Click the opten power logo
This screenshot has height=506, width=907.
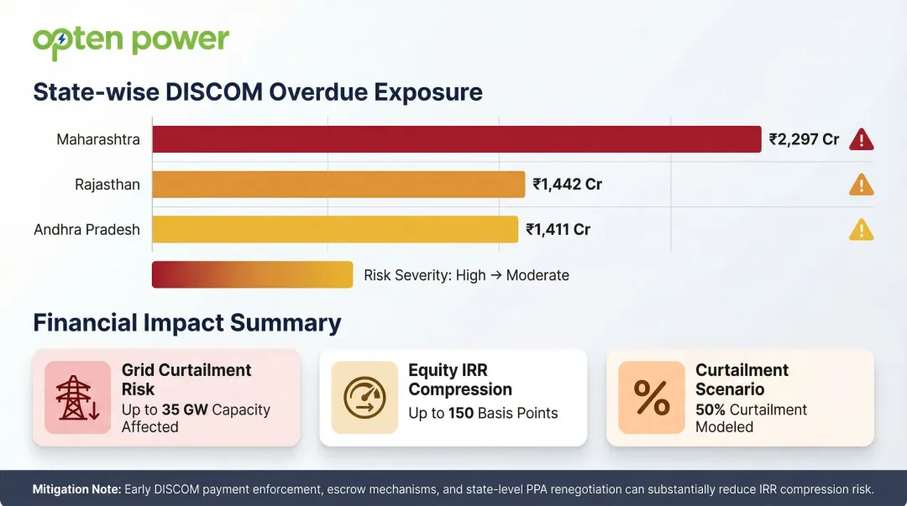(x=130, y=41)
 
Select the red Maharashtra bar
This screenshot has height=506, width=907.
(x=456, y=139)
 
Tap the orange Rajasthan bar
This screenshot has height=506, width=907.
(x=338, y=185)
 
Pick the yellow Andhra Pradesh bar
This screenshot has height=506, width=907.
(x=334, y=229)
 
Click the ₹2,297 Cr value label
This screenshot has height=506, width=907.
(x=804, y=139)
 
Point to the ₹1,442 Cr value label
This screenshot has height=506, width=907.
(x=567, y=185)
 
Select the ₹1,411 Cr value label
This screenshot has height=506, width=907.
(x=558, y=229)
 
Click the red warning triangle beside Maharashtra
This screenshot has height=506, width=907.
(x=862, y=140)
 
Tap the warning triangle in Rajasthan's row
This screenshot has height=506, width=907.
(x=862, y=185)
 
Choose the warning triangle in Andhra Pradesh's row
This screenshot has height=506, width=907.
(x=862, y=230)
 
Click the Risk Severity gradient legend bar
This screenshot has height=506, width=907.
(x=252, y=274)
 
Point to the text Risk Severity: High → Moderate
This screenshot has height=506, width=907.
(x=466, y=275)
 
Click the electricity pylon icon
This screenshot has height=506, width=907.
(x=77, y=398)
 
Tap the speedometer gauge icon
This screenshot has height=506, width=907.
(x=364, y=398)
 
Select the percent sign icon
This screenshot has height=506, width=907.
(x=652, y=398)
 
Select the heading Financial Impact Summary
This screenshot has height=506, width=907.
(x=186, y=323)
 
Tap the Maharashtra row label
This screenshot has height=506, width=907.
(x=97, y=139)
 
